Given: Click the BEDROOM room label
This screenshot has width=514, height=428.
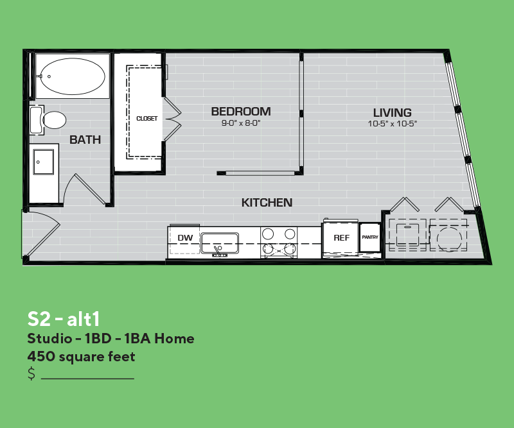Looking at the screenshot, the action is (x=241, y=112).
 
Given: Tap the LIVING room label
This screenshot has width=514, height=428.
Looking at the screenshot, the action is (x=393, y=113).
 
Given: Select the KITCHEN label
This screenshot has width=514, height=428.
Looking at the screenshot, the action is (x=267, y=203).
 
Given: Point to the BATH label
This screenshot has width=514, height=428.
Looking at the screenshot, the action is (x=85, y=140).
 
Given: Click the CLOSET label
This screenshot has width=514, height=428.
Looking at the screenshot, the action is (x=147, y=118).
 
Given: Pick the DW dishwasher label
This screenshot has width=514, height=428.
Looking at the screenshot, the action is (x=185, y=237).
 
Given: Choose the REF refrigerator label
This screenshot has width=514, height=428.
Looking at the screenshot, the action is (x=342, y=237).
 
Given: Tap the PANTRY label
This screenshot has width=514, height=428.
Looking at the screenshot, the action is (x=370, y=237).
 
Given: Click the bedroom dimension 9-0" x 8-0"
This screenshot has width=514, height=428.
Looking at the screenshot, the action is (x=241, y=123).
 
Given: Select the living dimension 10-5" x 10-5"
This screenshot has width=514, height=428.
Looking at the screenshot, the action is (x=393, y=124).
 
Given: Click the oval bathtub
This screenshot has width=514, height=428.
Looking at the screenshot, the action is (x=73, y=76).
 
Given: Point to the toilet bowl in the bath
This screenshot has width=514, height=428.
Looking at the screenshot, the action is (x=55, y=120).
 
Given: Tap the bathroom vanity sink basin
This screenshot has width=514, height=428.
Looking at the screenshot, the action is (x=44, y=162).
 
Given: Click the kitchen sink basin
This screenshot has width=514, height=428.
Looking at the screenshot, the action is (x=220, y=243).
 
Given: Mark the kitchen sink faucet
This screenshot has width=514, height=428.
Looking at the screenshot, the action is (x=218, y=252).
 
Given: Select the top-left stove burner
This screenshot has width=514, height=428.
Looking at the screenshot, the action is (x=268, y=234).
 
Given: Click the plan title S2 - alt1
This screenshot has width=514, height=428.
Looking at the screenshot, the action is (x=63, y=319).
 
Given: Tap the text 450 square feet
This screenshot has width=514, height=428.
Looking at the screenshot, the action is (x=81, y=357).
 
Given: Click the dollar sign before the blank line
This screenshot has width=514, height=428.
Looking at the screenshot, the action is (x=31, y=373).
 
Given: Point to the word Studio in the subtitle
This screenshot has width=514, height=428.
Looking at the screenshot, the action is (x=49, y=339).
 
